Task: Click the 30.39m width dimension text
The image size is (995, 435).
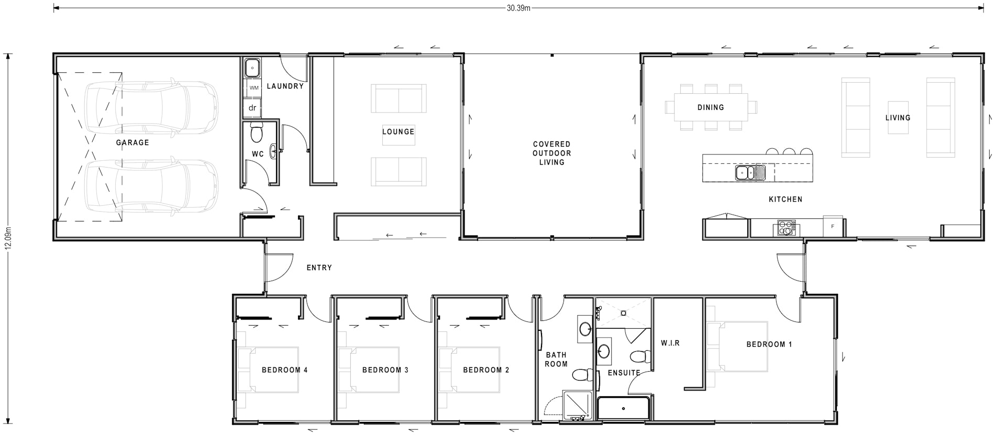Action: pyautogui.click(x=518, y=8)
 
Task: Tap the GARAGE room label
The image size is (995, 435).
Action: pyautogui.click(x=132, y=142)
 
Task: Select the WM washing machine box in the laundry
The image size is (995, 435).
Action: pyautogui.click(x=253, y=88)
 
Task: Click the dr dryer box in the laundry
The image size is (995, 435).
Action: pyautogui.click(x=252, y=108)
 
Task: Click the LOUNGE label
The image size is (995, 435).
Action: pyautogui.click(x=398, y=132)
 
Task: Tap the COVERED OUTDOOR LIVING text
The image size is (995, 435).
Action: pyautogui.click(x=551, y=153)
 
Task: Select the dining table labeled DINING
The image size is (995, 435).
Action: pyautogui.click(x=711, y=107)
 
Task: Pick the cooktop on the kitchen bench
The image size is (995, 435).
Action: pyautogui.click(x=786, y=228)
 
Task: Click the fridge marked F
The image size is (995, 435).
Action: pyautogui.click(x=832, y=226)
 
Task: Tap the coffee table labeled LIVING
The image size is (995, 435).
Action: pyautogui.click(x=898, y=118)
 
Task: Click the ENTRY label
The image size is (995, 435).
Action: pyautogui.click(x=319, y=267)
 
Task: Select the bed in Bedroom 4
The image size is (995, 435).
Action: pyautogui.click(x=268, y=370)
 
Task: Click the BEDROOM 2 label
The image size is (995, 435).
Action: pyautogui.click(x=486, y=370)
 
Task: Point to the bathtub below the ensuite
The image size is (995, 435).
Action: pyautogui.click(x=623, y=408)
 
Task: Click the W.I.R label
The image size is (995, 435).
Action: pyautogui.click(x=670, y=343)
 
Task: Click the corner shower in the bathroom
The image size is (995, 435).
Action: pyautogui.click(x=577, y=405)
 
